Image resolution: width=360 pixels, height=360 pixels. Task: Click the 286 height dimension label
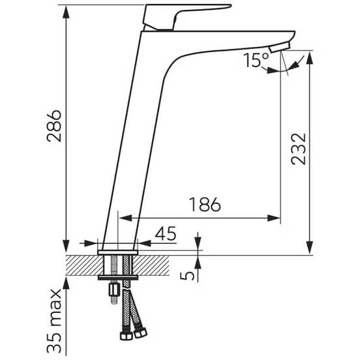[x=54, y=126]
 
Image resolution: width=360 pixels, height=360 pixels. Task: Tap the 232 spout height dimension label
[x=299, y=149]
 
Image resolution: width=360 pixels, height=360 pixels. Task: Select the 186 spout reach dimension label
[x=205, y=204]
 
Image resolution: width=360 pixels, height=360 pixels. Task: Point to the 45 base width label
[x=166, y=233]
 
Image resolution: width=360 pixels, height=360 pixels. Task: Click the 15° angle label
[x=256, y=60]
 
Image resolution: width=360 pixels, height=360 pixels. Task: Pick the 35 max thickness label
[x=54, y=321]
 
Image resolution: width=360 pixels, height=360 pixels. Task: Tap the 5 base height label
[x=187, y=276]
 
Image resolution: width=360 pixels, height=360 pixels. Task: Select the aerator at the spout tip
[x=280, y=46]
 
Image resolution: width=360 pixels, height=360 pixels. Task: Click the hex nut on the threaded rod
[x=114, y=290]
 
